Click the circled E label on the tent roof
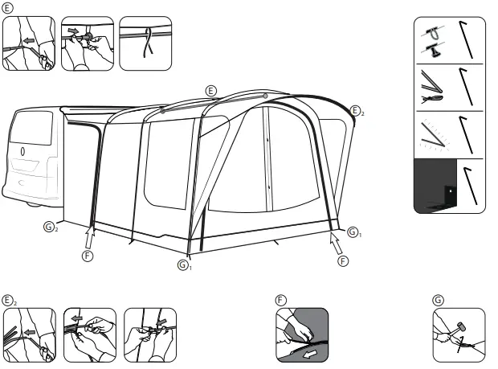click(211, 90)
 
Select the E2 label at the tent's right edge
click(357, 110)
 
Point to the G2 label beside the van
click(51, 228)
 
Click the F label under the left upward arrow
click(88, 256)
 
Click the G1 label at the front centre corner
click(185, 264)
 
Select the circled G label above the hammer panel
click(438, 300)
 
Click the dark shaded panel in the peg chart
click(434, 185)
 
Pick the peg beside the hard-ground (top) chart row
click(466, 40)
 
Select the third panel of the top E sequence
click(145, 43)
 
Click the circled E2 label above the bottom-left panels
click(10, 300)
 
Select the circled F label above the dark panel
click(281, 300)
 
